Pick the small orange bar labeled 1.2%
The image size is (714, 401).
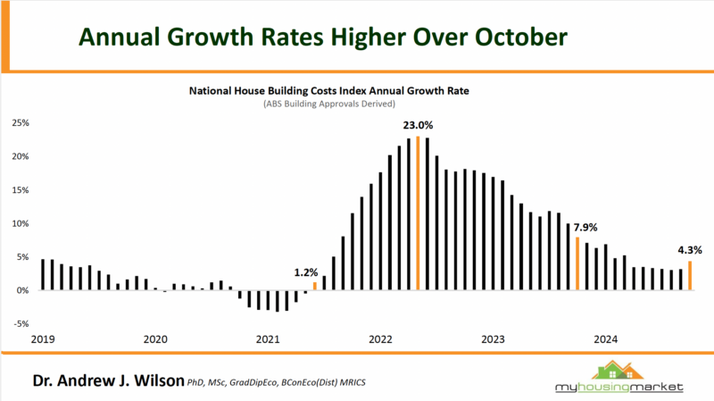[x=314, y=286]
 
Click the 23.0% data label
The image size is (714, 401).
[x=418, y=126]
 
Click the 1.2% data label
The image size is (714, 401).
[x=308, y=271]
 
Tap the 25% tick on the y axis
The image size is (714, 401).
[x=21, y=122]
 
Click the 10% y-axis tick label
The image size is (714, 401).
[x=21, y=223]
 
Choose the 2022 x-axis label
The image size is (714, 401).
[x=381, y=339]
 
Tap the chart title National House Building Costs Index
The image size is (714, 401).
[x=304, y=91]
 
